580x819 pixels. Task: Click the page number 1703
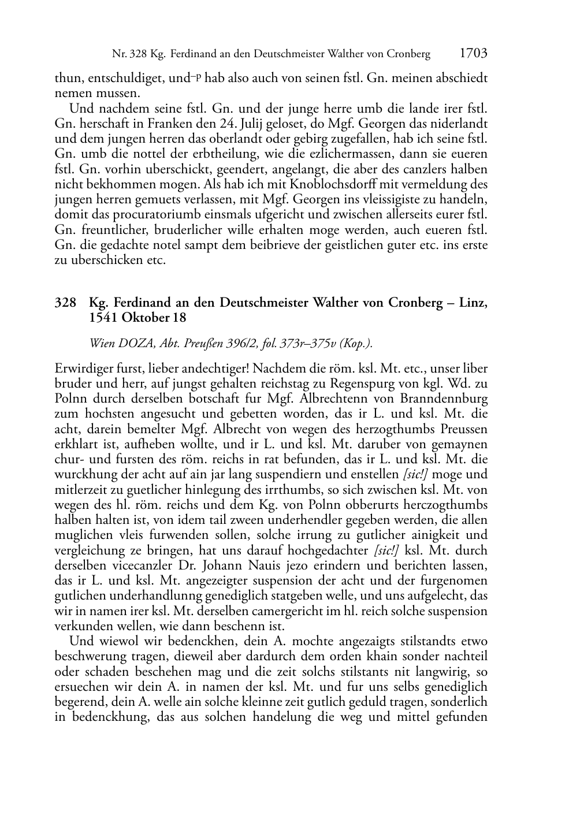tap(474, 54)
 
